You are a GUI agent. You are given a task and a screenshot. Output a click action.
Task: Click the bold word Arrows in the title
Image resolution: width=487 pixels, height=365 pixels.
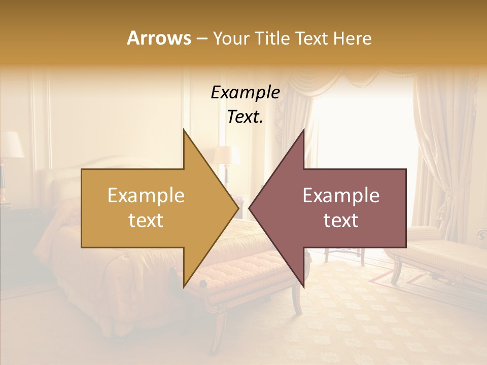click(159, 38)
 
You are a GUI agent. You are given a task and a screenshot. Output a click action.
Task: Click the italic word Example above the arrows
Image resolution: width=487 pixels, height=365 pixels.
click(245, 92)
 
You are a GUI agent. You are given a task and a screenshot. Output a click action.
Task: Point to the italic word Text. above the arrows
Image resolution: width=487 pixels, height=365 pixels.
click(245, 117)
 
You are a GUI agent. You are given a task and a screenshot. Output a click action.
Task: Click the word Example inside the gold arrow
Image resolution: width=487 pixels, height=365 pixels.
click(146, 195)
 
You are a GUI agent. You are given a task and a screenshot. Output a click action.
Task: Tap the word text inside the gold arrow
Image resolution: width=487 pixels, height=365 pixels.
click(146, 221)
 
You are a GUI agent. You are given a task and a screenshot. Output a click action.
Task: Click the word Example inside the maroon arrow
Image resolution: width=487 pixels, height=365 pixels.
click(341, 195)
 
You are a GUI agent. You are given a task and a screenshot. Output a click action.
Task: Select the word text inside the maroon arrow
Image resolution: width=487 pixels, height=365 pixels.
click(341, 221)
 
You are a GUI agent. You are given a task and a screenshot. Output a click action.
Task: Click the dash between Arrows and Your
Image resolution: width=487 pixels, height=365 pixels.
click(201, 38)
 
